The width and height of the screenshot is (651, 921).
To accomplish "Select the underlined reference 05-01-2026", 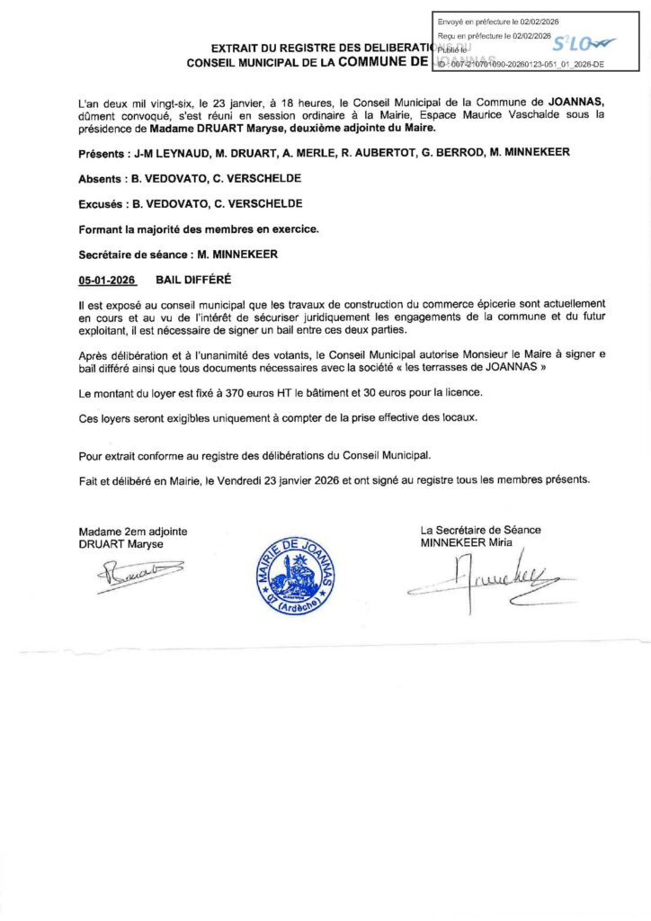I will point(106,280).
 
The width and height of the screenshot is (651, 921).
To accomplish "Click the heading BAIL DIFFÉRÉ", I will point(193,280).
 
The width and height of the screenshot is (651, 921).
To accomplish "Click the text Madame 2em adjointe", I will point(133,532).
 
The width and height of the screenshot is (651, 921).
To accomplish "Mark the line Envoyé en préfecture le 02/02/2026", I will point(498,21).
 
